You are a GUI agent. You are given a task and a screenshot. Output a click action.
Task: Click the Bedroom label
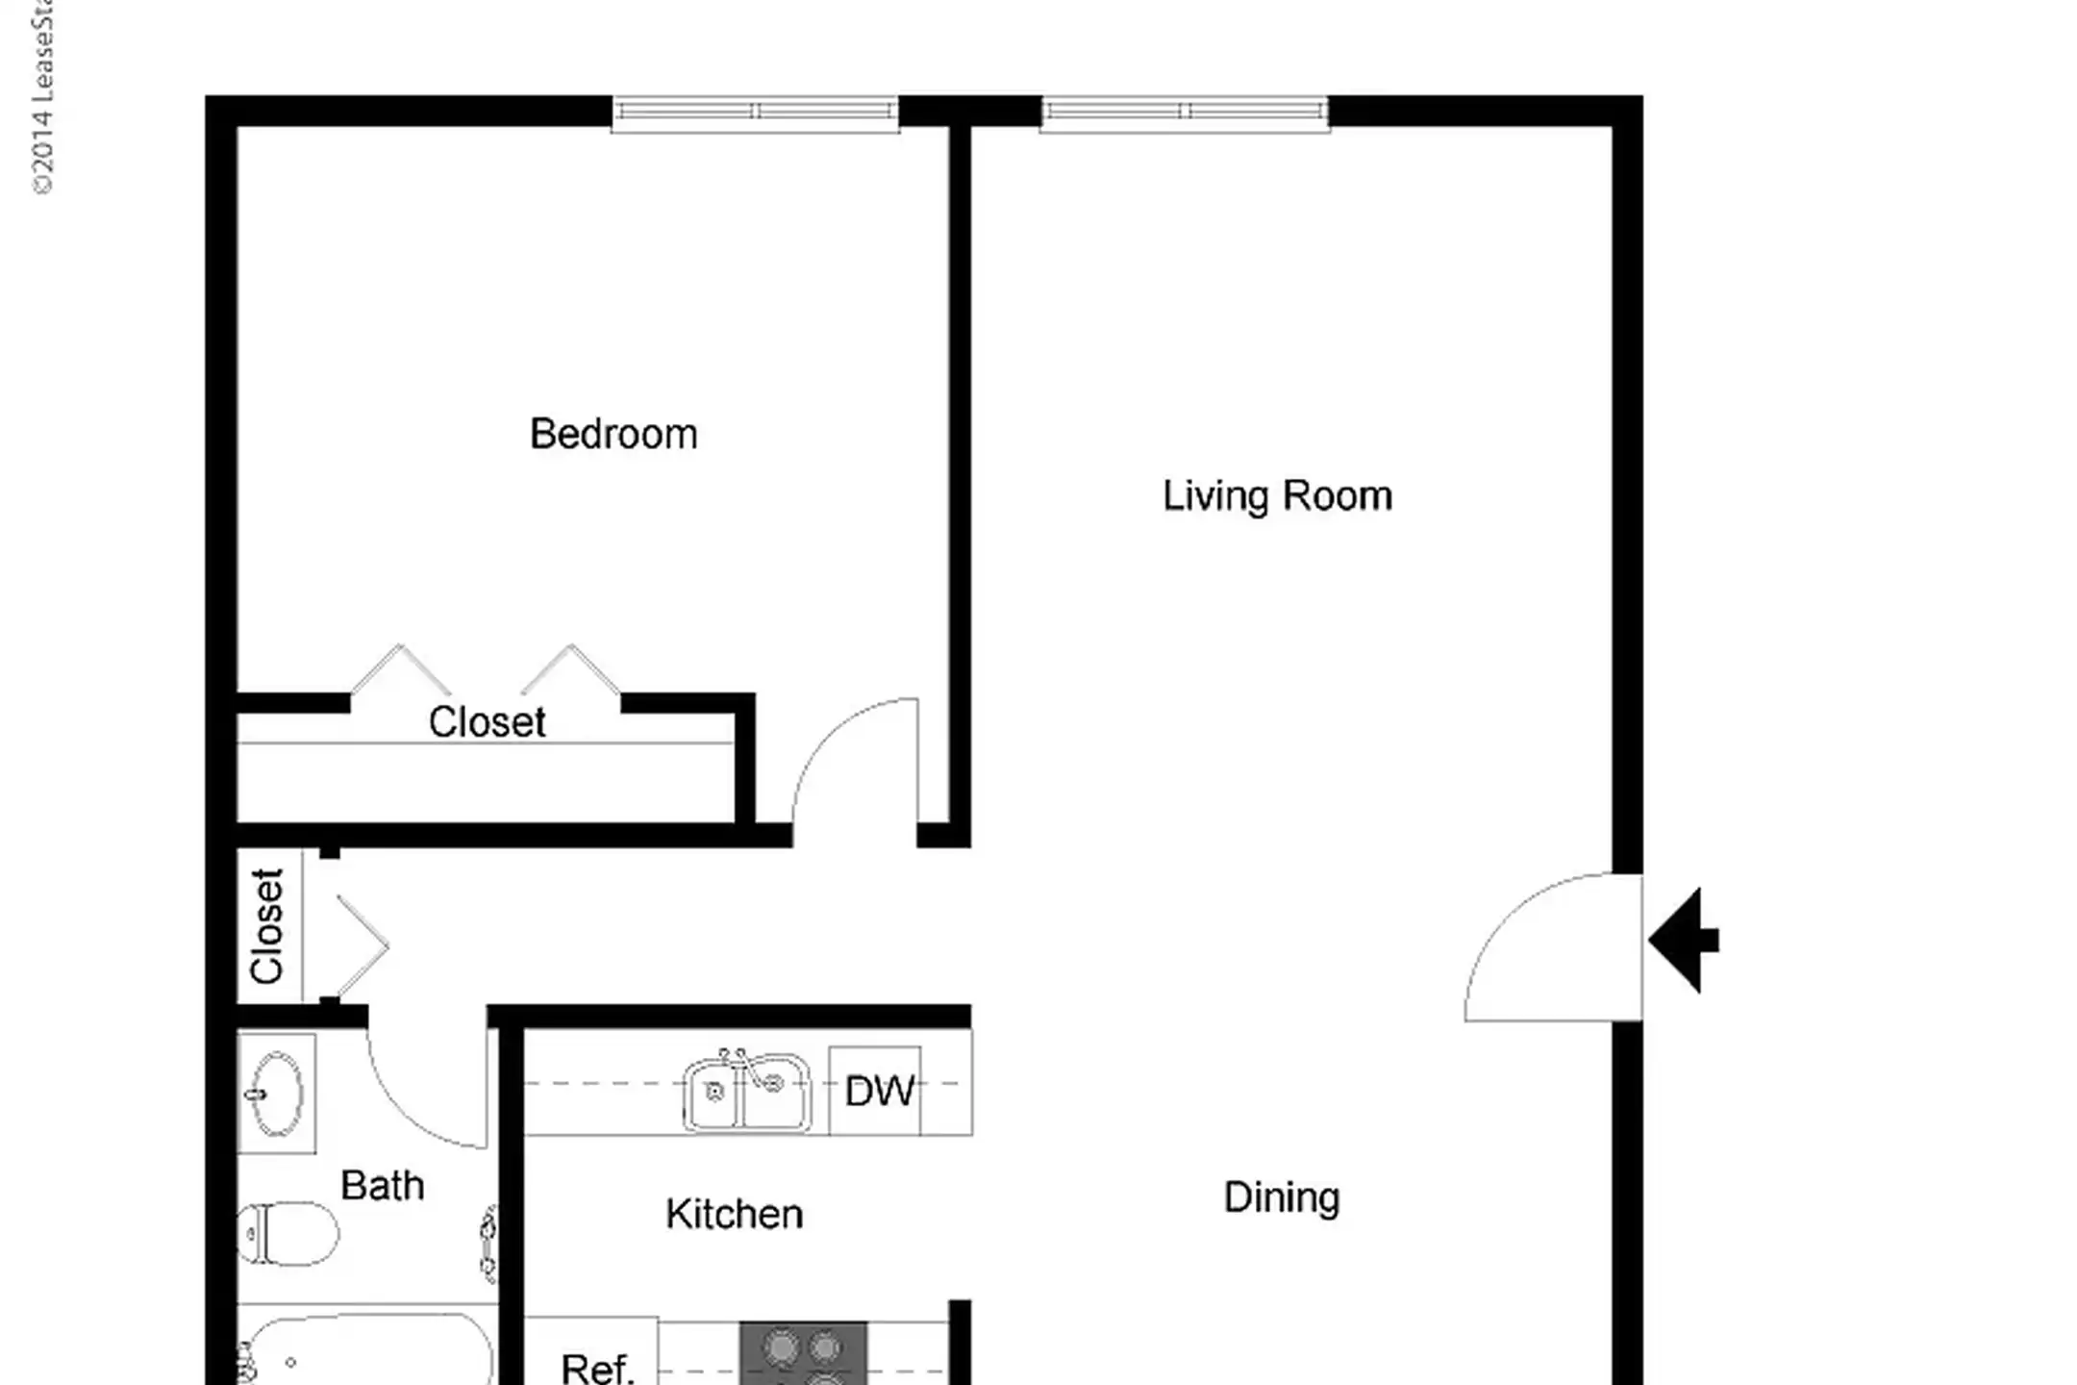[613, 435]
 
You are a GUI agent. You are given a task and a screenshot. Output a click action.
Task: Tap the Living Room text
[1277, 497]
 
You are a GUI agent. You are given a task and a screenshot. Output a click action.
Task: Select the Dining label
[1281, 1198]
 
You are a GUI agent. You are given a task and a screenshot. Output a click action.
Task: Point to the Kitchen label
[734, 1214]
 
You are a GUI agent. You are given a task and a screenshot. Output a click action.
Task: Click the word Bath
[382, 1186]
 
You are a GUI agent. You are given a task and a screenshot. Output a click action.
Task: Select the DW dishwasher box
[877, 1091]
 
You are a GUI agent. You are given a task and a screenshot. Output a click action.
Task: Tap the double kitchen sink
[746, 1092]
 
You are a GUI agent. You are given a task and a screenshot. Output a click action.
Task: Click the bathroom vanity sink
[276, 1094]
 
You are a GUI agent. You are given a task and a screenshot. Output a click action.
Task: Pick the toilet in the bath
[288, 1232]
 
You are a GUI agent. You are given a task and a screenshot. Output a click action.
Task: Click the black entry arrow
[1684, 940]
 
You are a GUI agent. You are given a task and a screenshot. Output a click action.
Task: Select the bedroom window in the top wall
[755, 113]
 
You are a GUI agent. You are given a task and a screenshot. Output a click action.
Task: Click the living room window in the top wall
[1185, 113]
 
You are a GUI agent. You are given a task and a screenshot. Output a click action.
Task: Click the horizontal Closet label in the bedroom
[487, 722]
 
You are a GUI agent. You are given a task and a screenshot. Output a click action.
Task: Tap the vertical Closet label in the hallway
[267, 926]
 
